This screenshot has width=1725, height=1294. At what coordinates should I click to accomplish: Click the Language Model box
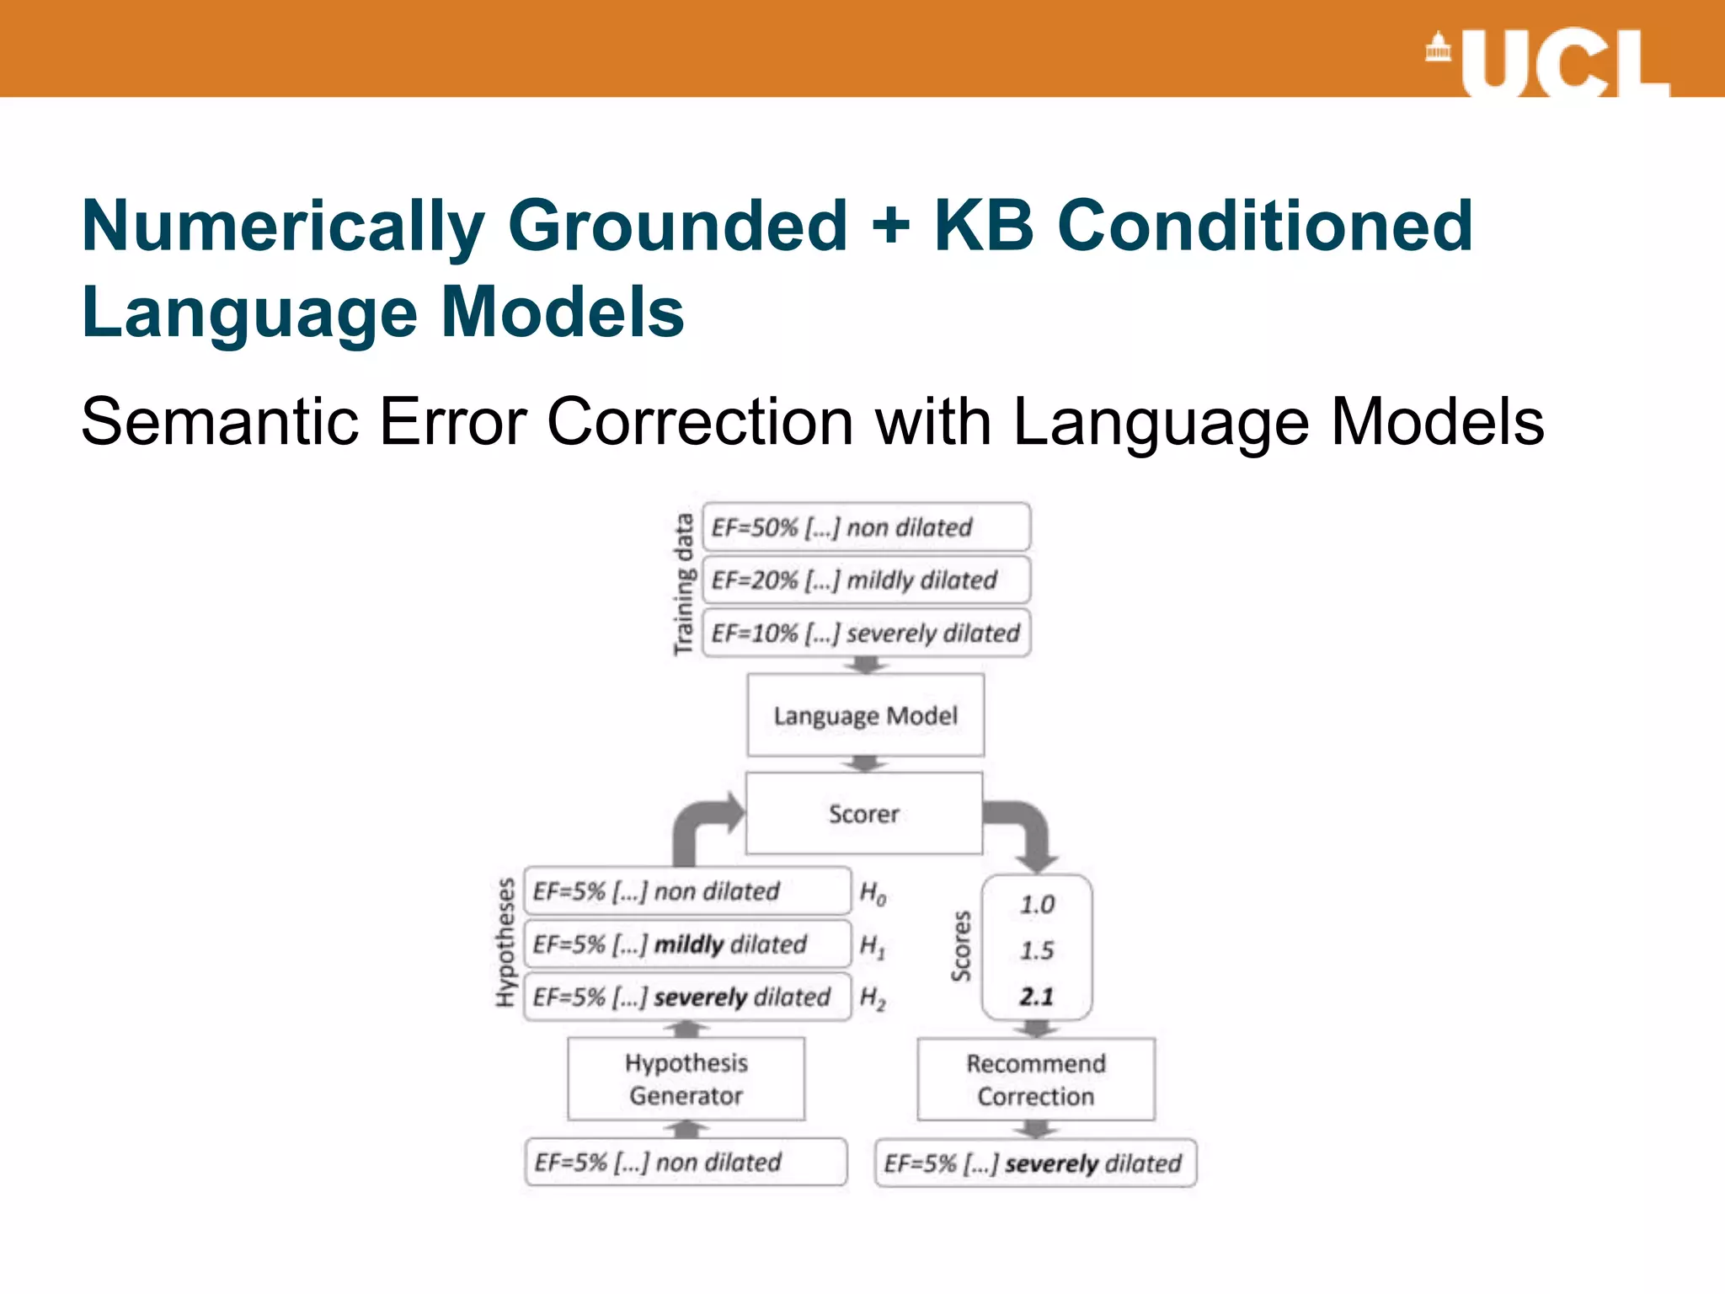point(865,715)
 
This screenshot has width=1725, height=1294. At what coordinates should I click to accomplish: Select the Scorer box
point(864,813)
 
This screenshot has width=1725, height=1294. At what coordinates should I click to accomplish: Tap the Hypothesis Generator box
point(686,1078)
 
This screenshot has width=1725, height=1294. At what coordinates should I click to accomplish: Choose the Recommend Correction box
point(1035,1079)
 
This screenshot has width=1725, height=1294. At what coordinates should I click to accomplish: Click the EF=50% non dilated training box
point(866,527)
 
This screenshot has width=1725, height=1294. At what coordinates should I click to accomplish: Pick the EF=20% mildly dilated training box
point(866,580)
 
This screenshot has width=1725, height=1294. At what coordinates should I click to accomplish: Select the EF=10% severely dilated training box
point(866,633)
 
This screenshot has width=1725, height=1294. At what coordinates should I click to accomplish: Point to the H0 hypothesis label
point(873,892)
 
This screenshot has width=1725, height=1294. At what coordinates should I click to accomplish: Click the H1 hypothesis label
point(873,945)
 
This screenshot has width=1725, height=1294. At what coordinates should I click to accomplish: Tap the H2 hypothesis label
point(873,998)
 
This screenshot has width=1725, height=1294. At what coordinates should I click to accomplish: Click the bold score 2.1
point(1037,997)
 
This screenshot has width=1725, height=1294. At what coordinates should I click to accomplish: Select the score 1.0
point(1037,905)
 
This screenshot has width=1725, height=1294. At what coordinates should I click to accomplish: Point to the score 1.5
point(1037,950)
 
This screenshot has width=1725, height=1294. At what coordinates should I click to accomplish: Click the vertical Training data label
point(683,583)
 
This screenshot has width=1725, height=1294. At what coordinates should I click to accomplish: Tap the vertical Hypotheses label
point(505,942)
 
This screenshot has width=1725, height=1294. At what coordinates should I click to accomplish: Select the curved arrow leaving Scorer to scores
point(1027,830)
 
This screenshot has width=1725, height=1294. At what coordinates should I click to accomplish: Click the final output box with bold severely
point(1035,1163)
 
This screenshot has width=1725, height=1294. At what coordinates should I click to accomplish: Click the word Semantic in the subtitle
point(217,421)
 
